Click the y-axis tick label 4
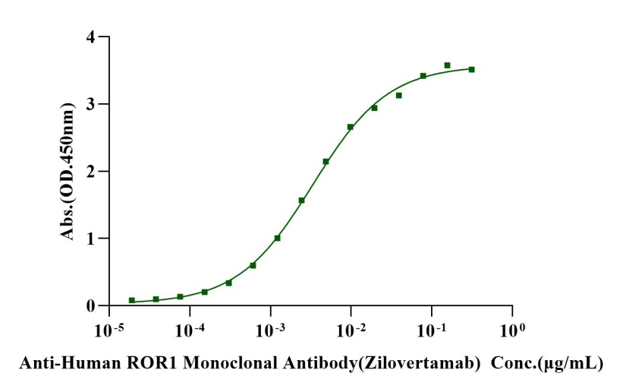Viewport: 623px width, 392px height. tap(91, 36)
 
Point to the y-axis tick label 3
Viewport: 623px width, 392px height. tap(91, 104)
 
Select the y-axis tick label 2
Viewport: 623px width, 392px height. tap(91, 171)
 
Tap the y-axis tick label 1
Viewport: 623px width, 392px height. tap(91, 239)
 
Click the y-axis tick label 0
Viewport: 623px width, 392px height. tap(91, 305)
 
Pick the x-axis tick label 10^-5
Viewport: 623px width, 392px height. tap(108, 331)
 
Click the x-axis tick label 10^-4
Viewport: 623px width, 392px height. tap(189, 331)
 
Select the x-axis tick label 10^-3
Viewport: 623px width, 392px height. tap(269, 331)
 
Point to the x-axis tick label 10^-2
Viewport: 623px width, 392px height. tap(350, 331)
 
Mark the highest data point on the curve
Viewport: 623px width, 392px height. tap(447, 65)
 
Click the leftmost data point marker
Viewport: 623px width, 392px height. tap(132, 301)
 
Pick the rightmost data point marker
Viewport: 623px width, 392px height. tap(471, 69)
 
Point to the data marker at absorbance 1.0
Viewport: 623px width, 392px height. tap(277, 238)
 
